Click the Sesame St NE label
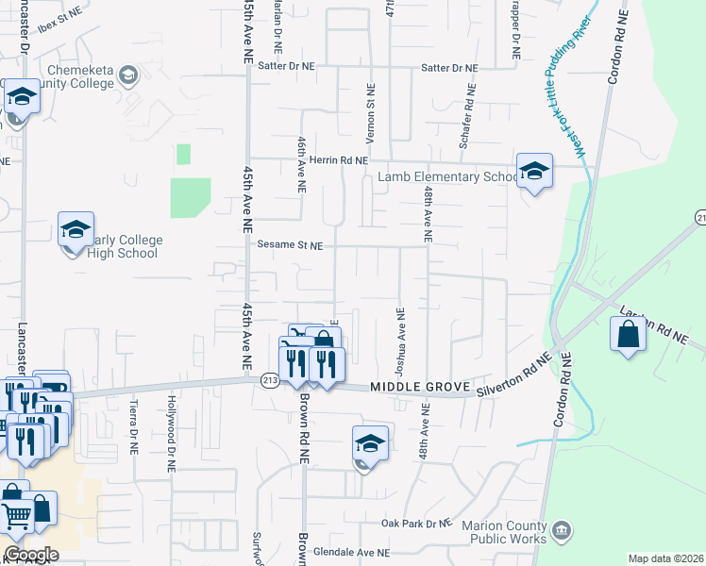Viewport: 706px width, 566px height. pos(290,245)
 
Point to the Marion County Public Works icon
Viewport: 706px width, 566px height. pos(563,529)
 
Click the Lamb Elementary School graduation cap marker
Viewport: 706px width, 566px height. pos(534,171)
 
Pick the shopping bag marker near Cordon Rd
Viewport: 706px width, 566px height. pos(628,335)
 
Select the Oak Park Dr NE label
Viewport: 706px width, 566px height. pos(417,523)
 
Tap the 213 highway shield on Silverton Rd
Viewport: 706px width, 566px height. pos(270,379)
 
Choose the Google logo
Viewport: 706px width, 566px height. pos(30,555)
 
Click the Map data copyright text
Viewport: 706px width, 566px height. pos(665,558)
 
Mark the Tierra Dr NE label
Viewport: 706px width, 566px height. pos(135,424)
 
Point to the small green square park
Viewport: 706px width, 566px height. pos(183,154)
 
